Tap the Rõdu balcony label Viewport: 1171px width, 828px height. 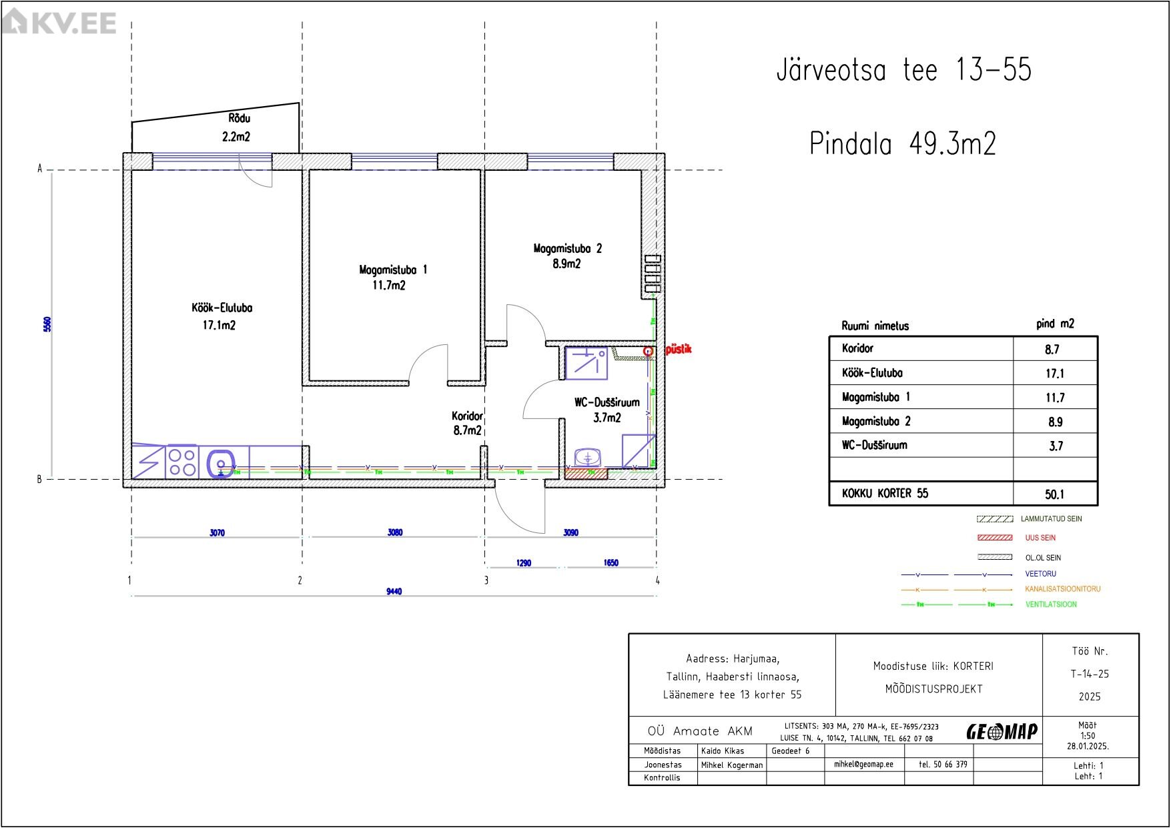240,118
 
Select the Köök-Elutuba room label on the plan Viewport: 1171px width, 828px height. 222,308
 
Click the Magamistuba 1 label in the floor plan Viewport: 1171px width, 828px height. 393,270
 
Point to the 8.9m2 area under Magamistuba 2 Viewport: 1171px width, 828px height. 566,264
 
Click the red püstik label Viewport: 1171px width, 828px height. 679,349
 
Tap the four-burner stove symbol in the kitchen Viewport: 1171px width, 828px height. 181,462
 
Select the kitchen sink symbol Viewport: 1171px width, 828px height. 221,463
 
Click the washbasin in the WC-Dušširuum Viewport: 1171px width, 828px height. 588,458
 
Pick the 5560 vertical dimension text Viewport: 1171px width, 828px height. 47,324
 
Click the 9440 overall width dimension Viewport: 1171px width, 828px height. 394,591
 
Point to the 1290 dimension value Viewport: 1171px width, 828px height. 524,563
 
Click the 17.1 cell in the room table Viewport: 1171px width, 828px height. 1055,374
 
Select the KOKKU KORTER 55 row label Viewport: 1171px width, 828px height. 885,493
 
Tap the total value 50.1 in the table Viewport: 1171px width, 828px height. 1055,494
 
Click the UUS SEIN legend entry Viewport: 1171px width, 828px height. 1040,538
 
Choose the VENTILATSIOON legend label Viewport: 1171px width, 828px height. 1051,604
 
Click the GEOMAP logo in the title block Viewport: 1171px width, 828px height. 1002,732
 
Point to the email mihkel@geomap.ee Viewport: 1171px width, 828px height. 863,765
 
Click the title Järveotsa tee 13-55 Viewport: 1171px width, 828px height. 904,70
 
